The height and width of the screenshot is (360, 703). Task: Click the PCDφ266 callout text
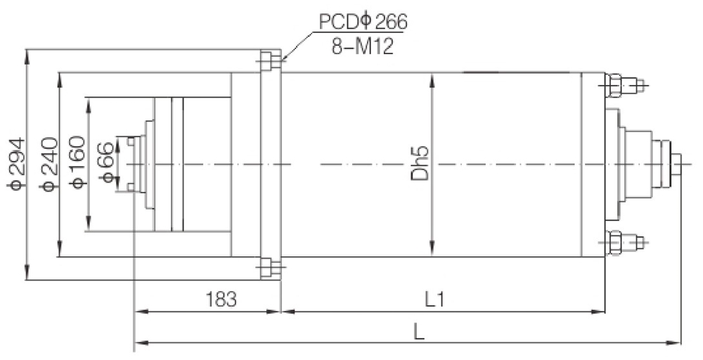pyautogui.click(x=363, y=22)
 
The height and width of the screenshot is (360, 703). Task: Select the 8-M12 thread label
pyautogui.click(x=363, y=47)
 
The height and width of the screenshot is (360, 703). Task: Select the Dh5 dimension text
pyautogui.click(x=420, y=164)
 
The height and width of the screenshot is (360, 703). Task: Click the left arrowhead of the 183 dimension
pyautogui.click(x=139, y=310)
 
